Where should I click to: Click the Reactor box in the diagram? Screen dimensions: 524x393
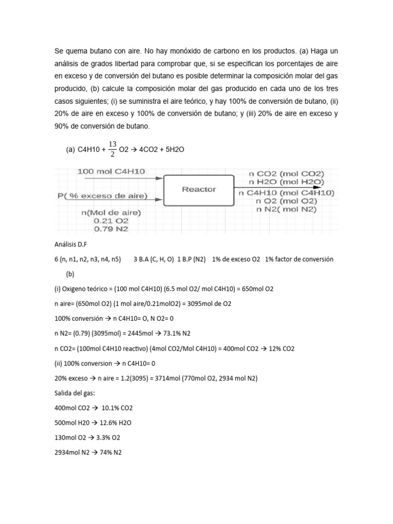coord(199,190)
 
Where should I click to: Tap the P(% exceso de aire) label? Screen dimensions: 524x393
coord(103,196)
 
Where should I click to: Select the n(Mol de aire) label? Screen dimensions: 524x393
coord(111,212)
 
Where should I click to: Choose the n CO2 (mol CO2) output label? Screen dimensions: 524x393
coord(286,173)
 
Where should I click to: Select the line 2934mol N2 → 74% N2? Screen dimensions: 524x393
coord(88,452)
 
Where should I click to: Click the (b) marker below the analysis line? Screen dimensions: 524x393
coord(71,274)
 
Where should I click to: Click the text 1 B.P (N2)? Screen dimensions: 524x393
coord(191,259)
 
